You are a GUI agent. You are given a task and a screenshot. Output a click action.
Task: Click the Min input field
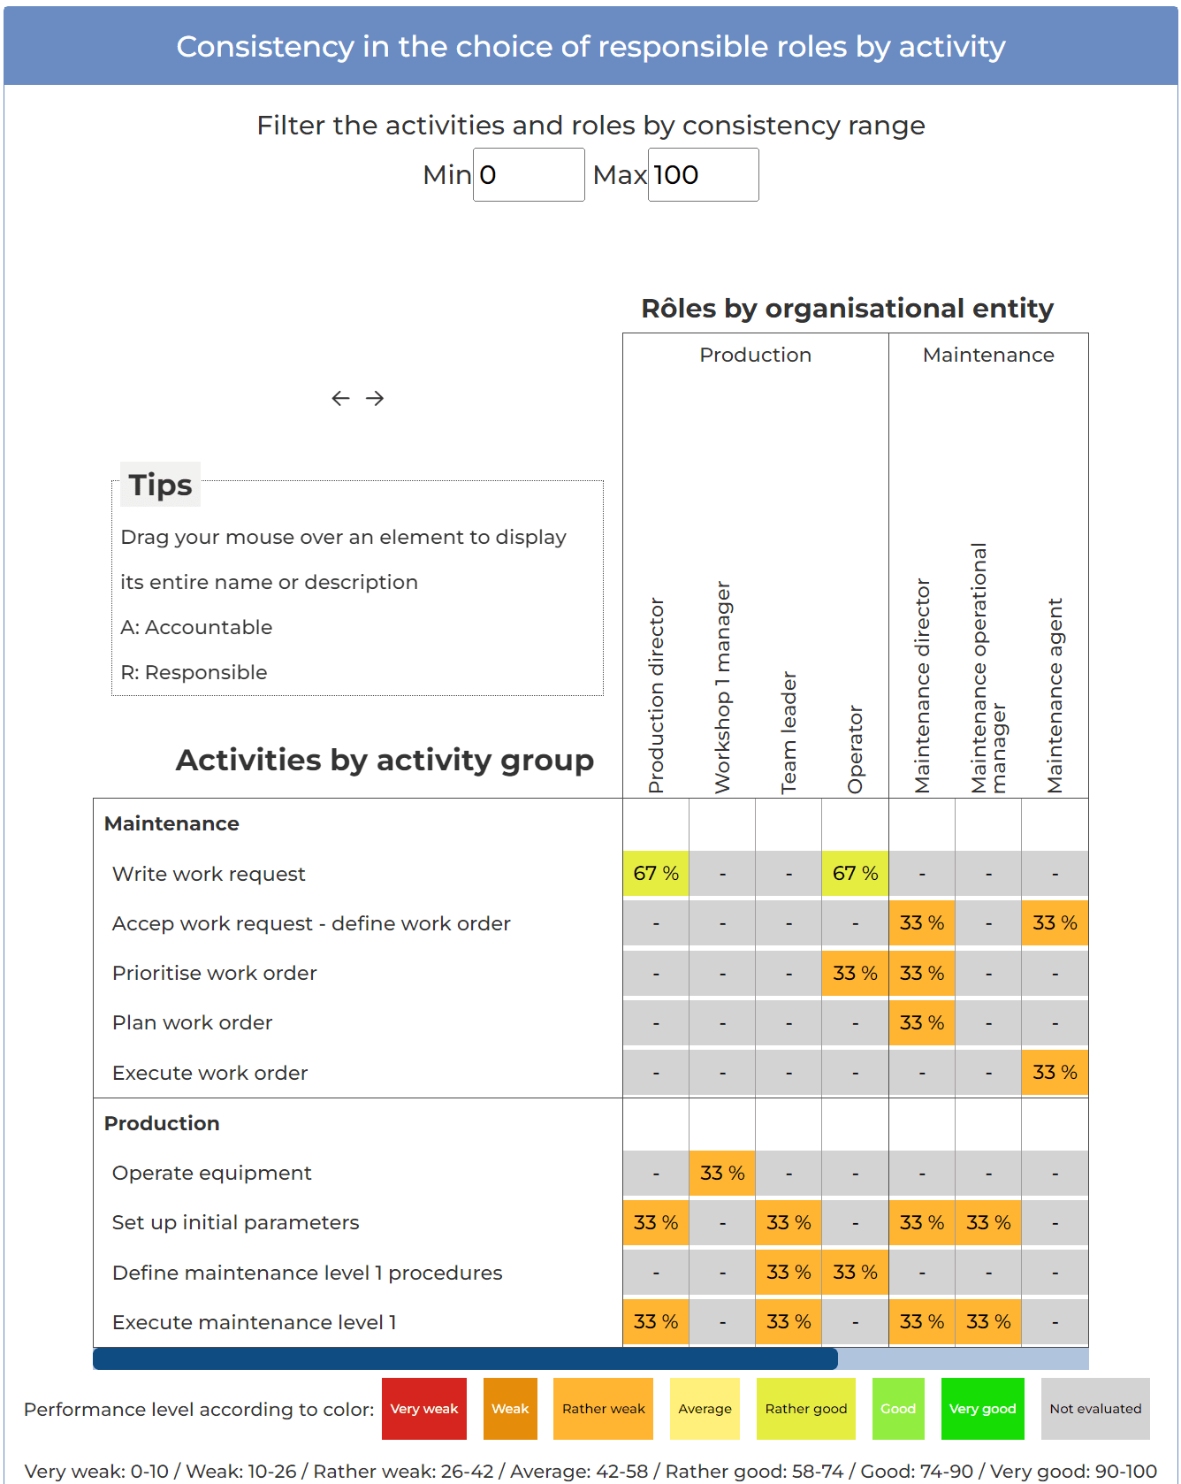[529, 175]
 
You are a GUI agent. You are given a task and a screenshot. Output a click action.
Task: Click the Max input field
[703, 175]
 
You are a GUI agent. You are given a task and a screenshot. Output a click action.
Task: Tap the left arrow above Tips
[340, 398]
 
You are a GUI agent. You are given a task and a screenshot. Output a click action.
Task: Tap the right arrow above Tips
[375, 398]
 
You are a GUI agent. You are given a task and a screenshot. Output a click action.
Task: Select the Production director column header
[656, 695]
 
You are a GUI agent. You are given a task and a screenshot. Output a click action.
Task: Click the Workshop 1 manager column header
[722, 687]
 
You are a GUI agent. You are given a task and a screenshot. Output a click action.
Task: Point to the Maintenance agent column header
[1055, 695]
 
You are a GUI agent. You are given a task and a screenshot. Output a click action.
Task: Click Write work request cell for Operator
[855, 874]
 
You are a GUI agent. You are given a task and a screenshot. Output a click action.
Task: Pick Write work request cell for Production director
[656, 874]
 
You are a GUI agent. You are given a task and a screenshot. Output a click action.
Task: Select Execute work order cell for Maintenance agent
[1055, 1073]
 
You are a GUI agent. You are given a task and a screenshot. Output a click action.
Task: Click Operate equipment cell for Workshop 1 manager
[722, 1174]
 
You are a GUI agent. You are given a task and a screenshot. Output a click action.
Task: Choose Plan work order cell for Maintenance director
[922, 1023]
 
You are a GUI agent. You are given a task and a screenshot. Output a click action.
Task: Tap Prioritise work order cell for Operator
[855, 974]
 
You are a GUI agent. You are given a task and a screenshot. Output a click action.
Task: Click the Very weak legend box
[424, 1409]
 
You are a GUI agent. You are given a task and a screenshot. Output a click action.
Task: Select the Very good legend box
[982, 1409]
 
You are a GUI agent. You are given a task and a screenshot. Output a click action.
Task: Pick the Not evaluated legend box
[1095, 1409]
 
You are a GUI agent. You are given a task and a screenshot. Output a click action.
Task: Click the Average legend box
[705, 1409]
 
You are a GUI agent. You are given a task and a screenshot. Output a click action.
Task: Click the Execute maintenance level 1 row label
[255, 1322]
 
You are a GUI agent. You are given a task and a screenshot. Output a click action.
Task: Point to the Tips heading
[160, 485]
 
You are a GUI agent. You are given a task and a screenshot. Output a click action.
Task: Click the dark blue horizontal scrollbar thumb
[465, 1358]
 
